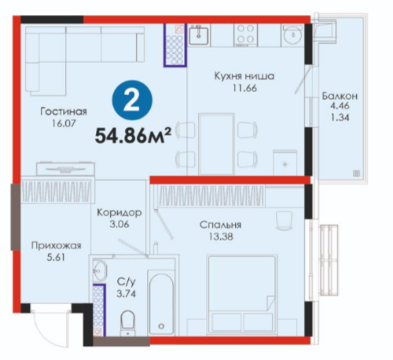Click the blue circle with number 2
(x=132, y=101)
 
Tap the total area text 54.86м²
(x=133, y=135)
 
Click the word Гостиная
(x=64, y=112)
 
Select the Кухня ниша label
(x=244, y=76)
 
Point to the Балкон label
(x=340, y=96)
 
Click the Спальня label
(x=220, y=225)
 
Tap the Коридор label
(x=119, y=212)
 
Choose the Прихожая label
(x=57, y=246)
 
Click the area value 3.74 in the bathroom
(x=126, y=294)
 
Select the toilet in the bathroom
(x=127, y=323)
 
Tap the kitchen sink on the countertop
(x=199, y=35)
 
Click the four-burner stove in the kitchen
(x=245, y=35)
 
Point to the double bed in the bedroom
(x=242, y=295)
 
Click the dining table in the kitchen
(x=216, y=144)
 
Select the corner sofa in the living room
(x=84, y=61)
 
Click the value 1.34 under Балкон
(x=340, y=118)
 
